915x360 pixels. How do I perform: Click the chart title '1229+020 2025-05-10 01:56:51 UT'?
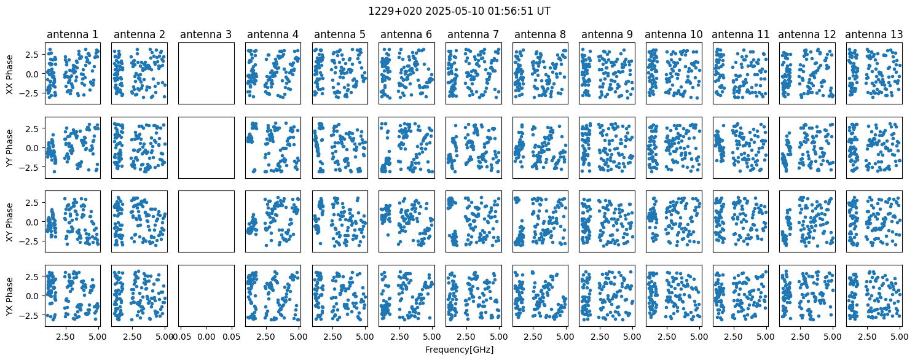coord(459,11)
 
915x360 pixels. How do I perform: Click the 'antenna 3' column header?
coord(206,34)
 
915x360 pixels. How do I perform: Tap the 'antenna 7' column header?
coord(473,34)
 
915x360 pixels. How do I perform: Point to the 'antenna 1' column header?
coord(73,34)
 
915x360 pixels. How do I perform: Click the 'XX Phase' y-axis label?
coord(10,74)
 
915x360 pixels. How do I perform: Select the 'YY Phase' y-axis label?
coord(10,148)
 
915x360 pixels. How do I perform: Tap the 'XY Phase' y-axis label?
coord(10,222)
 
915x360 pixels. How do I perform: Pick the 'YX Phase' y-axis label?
coord(10,296)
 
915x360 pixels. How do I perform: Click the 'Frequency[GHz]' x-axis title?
coord(459,350)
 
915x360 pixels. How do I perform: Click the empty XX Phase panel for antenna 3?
coord(206,74)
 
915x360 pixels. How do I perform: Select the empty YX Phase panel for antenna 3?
coord(206,296)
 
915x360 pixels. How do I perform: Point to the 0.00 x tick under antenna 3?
coord(206,337)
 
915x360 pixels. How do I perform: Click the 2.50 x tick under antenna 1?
coord(65,337)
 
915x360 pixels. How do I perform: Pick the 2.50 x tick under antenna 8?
coord(533,337)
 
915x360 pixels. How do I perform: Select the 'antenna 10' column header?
coord(673,34)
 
